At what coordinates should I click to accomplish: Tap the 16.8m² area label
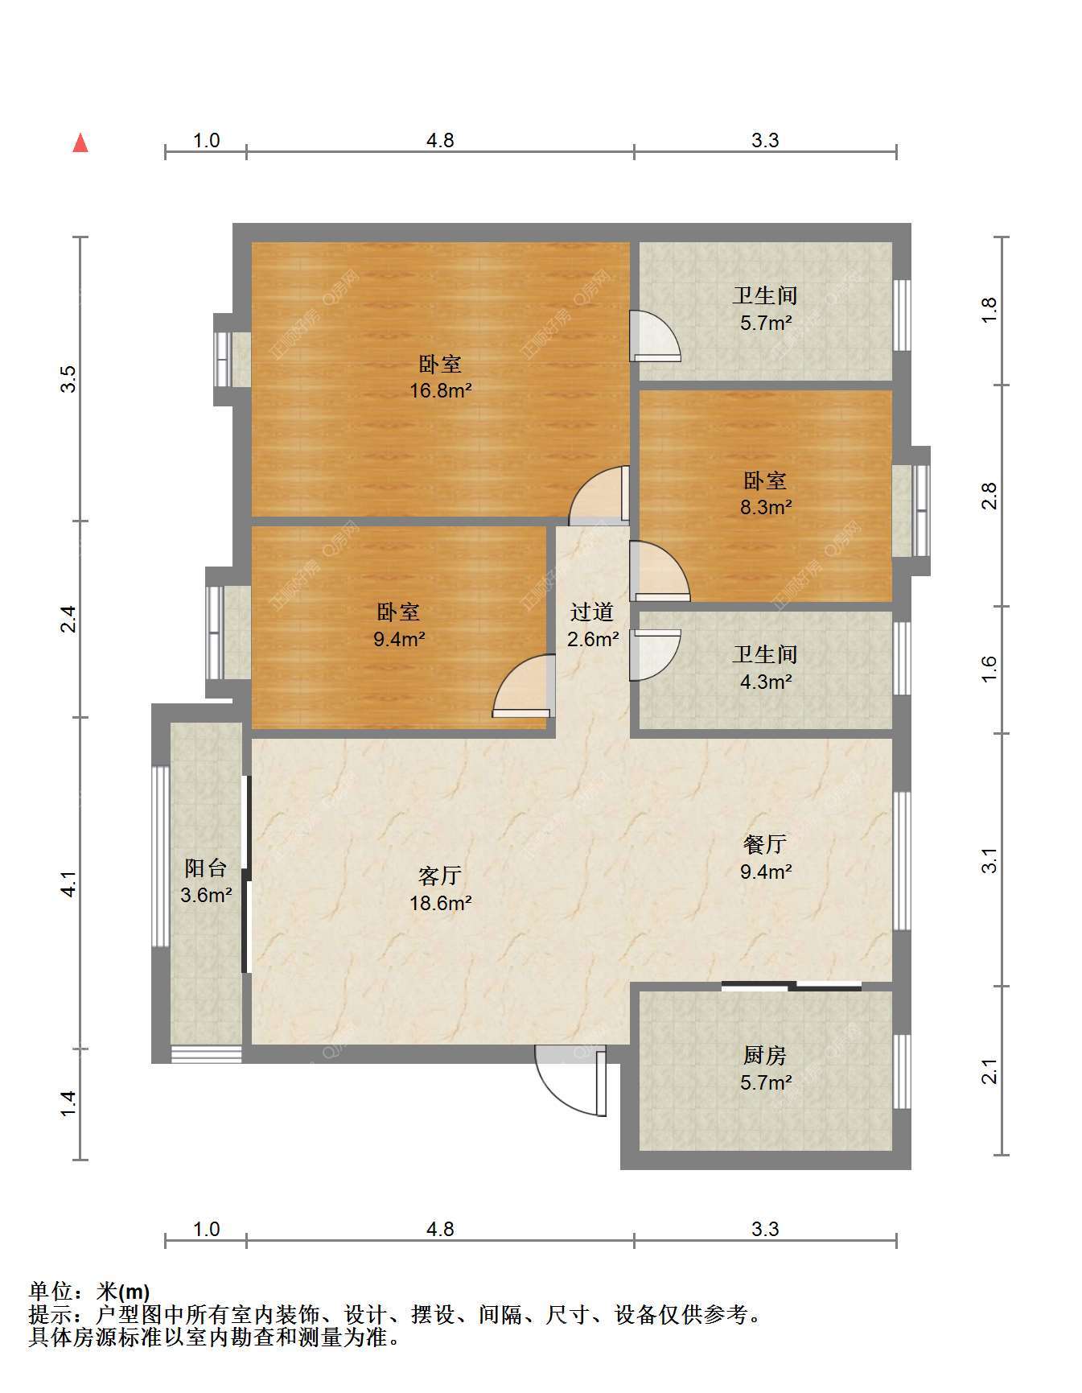click(x=440, y=391)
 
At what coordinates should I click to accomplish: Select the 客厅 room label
click(x=440, y=876)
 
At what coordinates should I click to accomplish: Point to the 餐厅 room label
click(x=765, y=844)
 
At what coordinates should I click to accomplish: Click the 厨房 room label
click(x=765, y=1055)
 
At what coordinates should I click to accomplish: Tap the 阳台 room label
click(x=206, y=868)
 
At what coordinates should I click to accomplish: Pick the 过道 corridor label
click(x=592, y=612)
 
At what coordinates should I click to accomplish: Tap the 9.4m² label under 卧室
click(x=399, y=640)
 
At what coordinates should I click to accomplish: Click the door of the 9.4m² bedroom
click(x=524, y=686)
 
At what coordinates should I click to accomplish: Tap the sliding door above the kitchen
click(x=792, y=986)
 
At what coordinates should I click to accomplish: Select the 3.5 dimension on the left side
click(x=70, y=379)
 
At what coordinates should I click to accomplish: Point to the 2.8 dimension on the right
click(x=989, y=495)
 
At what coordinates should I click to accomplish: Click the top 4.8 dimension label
click(x=440, y=141)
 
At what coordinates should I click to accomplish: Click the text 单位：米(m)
click(x=89, y=1292)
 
